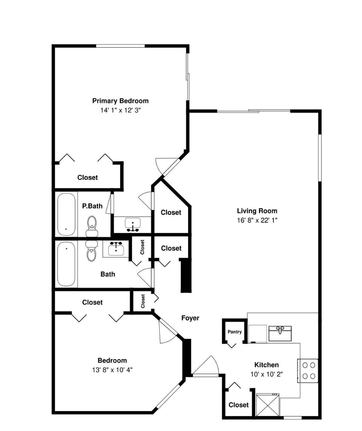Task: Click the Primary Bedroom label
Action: coord(120,101)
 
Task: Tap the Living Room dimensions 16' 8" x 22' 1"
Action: coord(257,221)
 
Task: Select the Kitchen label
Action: coord(266,365)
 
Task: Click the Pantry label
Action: coord(234,332)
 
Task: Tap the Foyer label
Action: coord(190,318)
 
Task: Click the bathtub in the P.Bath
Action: coord(67,214)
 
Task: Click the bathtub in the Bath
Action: coord(66,264)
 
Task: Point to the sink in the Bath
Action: coord(116,249)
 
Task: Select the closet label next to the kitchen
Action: coord(238,405)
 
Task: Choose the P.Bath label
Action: coord(92,206)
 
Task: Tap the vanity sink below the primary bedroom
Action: coord(132,225)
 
